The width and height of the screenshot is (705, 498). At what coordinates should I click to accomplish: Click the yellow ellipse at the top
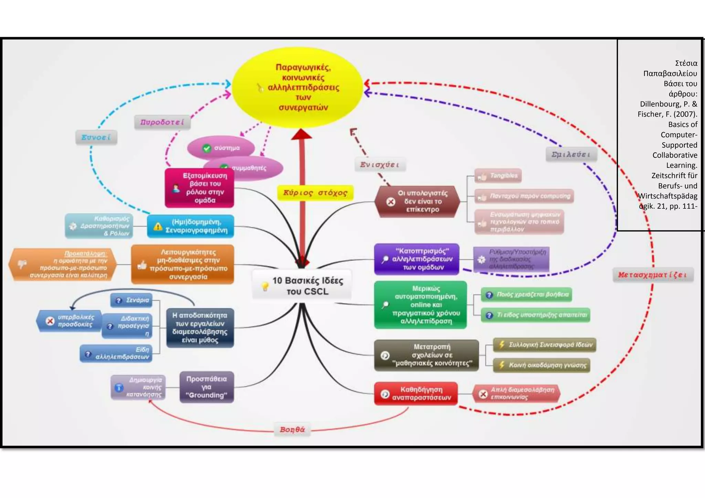pyautogui.click(x=297, y=87)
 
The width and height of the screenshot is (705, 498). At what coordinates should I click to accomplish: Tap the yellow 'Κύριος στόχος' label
pyautogui.click(x=315, y=193)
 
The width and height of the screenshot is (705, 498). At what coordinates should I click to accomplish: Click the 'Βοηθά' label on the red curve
pyautogui.click(x=292, y=430)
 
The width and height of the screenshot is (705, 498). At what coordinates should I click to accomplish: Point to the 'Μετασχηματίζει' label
pyautogui.click(x=653, y=275)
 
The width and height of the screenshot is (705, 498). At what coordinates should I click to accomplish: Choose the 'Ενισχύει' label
pyautogui.click(x=380, y=165)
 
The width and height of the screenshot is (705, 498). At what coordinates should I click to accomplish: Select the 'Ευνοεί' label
pyautogui.click(x=96, y=137)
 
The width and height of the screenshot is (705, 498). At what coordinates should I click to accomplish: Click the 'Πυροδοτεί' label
pyautogui.click(x=162, y=122)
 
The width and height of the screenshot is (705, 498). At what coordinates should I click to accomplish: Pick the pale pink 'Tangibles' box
pyautogui.click(x=498, y=176)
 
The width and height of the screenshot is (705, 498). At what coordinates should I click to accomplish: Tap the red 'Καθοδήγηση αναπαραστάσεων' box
pyautogui.click(x=416, y=393)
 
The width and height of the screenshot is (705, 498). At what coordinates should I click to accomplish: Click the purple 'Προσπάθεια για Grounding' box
pyautogui.click(x=207, y=387)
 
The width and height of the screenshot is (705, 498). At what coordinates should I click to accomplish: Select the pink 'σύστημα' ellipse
pyautogui.click(x=221, y=148)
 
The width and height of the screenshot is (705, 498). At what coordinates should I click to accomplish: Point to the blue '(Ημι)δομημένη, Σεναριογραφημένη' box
pyautogui.click(x=190, y=226)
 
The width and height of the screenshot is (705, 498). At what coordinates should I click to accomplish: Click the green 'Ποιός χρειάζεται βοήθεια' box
pyautogui.click(x=526, y=295)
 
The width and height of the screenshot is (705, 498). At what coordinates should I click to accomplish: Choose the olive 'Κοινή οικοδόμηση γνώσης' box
pyautogui.click(x=541, y=365)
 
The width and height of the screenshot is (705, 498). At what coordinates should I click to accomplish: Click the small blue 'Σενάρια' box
pyautogui.click(x=131, y=300)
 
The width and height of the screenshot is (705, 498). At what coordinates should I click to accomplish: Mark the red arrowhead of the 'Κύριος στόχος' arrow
pyautogui.click(x=302, y=134)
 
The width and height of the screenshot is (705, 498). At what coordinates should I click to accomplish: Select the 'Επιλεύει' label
pyautogui.click(x=571, y=154)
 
